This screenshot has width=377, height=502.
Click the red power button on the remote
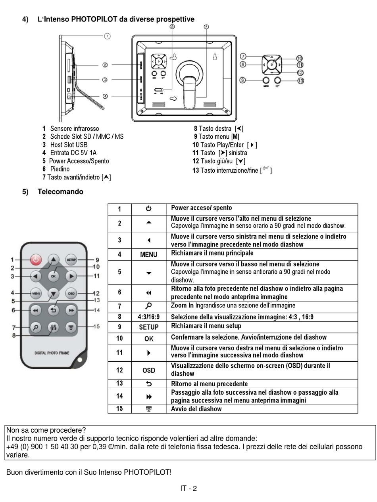(x=36, y=260)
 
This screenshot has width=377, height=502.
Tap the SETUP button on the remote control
(x=71, y=260)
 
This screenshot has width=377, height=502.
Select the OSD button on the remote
(x=71, y=294)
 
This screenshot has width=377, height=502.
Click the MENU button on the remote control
(x=36, y=294)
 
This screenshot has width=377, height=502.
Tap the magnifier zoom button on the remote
(x=36, y=327)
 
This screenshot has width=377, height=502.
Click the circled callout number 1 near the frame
(x=107, y=36)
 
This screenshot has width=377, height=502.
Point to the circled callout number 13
(x=300, y=81)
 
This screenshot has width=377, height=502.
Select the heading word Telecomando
(x=60, y=192)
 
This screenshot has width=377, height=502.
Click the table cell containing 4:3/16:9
(x=148, y=317)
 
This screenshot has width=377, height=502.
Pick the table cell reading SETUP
(x=148, y=327)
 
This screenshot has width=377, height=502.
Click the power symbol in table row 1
(x=148, y=208)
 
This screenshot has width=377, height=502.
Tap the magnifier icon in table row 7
(x=148, y=306)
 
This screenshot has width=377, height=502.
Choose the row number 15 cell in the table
(x=119, y=408)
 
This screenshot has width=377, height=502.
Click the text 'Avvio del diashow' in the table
(x=196, y=409)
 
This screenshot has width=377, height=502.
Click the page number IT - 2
(x=188, y=488)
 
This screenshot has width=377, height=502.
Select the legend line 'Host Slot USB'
(x=68, y=145)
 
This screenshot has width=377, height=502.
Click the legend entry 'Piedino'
(x=60, y=169)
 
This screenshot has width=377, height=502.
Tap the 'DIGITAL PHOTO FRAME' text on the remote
(x=52, y=353)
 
